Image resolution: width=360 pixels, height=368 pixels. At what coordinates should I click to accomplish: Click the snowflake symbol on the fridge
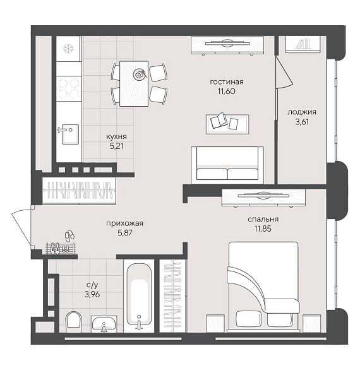(68, 49)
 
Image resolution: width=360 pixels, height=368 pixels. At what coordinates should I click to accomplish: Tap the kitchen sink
(70, 134)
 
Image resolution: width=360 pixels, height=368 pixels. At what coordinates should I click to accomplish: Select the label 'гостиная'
(227, 82)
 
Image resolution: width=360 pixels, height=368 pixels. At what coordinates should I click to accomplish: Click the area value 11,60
(226, 91)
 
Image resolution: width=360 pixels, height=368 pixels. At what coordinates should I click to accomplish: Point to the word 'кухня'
(116, 136)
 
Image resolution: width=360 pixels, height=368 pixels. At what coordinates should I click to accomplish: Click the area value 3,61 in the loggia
(302, 122)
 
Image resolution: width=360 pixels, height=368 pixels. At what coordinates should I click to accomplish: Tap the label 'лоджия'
(302, 112)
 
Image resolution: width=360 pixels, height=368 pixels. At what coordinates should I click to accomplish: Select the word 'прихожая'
(124, 223)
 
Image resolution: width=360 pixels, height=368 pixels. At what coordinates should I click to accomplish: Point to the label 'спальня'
(263, 219)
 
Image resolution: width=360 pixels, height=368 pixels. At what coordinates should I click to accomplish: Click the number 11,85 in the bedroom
(263, 229)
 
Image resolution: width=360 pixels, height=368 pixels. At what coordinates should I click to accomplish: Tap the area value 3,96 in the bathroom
(92, 294)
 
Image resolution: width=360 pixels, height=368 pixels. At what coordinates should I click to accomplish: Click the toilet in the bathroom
(73, 321)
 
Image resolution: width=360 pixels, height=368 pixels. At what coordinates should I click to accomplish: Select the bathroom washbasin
(104, 324)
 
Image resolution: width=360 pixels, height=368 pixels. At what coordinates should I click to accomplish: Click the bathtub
(139, 296)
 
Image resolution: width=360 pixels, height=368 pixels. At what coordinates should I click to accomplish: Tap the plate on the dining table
(139, 74)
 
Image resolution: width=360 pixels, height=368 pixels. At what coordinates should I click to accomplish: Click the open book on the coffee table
(219, 120)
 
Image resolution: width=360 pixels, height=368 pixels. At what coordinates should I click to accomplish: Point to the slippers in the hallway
(69, 235)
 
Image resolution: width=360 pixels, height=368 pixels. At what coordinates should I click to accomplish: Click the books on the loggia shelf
(303, 44)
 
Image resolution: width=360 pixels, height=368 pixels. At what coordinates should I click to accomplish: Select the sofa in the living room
(227, 165)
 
